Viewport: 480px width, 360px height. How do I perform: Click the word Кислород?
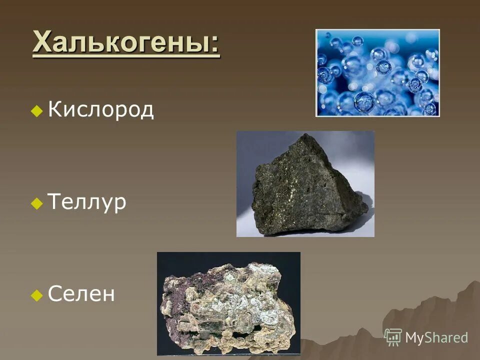pos(101,110)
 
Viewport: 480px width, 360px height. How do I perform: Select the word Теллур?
pos(86,203)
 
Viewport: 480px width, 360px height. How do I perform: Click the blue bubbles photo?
pos(377,73)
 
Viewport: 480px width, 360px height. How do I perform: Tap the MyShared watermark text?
pos(436,338)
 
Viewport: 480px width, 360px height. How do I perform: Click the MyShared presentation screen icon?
pos(393,337)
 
